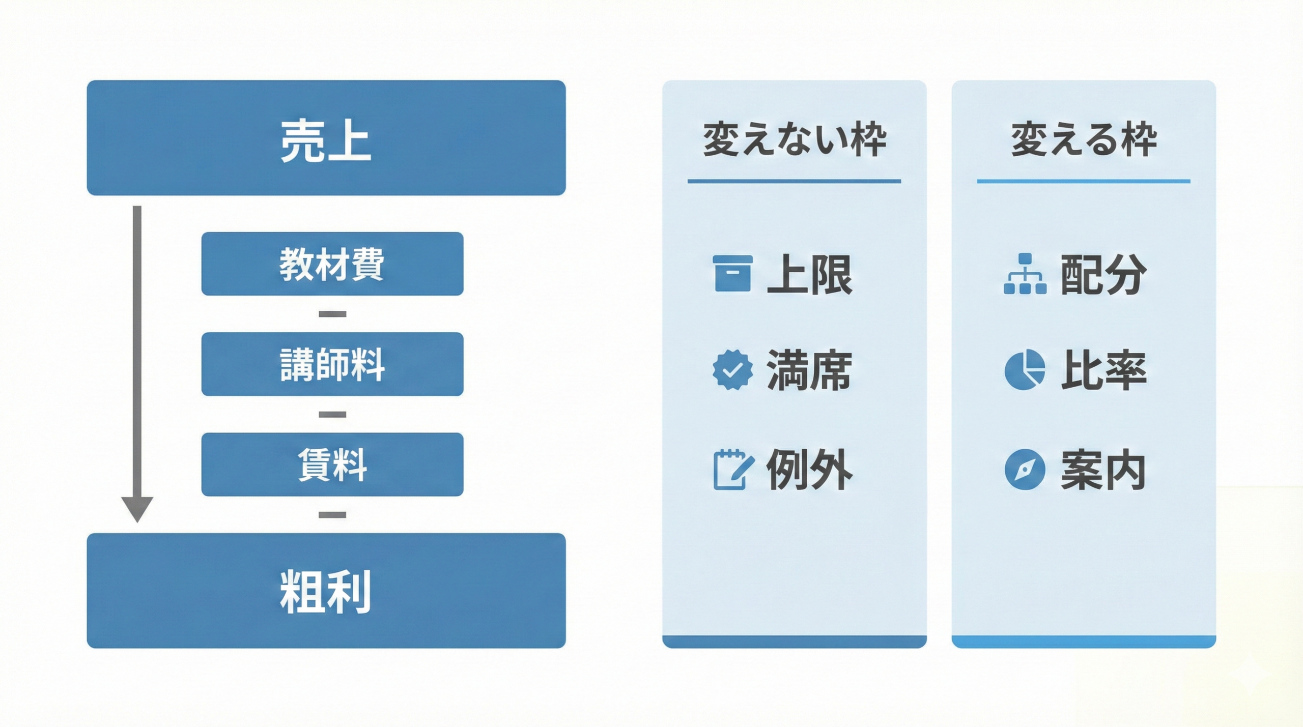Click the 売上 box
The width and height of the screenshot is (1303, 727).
326,138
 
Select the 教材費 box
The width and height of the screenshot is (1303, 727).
332,264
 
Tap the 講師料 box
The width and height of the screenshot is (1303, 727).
332,364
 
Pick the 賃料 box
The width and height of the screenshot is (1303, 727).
332,464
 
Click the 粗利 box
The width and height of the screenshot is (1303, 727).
326,591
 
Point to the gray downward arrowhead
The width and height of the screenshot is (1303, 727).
137,509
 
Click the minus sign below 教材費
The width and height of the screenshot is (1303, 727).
332,314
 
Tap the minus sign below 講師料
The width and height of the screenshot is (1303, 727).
332,415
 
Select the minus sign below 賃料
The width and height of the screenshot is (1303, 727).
332,515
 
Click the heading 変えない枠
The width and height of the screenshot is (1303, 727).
794,139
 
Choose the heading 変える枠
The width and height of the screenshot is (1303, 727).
1084,139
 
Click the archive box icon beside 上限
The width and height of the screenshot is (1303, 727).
732,274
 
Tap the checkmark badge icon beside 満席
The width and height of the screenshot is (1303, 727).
732,370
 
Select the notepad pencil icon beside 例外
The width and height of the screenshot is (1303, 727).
732,469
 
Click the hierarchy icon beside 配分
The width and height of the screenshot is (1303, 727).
1025,274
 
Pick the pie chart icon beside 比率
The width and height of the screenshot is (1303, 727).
1025,370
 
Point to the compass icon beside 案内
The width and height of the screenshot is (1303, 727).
1025,469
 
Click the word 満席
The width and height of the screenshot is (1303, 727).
809,370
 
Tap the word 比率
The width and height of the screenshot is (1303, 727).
1103,370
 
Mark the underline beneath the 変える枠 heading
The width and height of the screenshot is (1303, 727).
1084,181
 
